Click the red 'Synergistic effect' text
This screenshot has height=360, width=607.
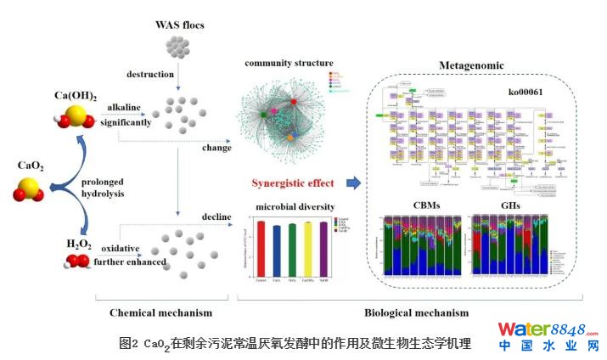point(292,183)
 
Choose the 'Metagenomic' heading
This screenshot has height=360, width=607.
point(471,65)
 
